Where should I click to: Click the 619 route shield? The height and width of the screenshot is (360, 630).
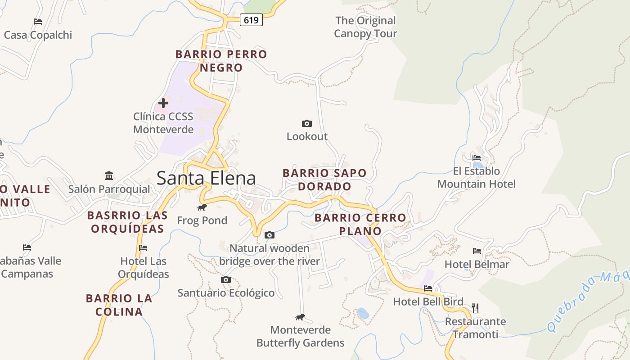tap(251, 20)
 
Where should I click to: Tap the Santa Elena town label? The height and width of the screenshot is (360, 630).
tap(206, 178)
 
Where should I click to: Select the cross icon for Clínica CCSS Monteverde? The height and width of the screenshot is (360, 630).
tap(163, 103)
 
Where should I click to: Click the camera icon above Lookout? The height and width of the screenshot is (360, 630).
tap(306, 123)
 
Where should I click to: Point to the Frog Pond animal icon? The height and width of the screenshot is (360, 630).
tap(202, 207)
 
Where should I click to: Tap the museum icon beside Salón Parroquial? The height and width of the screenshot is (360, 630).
tap(109, 175)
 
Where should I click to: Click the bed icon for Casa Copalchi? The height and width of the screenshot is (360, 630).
tap(38, 21)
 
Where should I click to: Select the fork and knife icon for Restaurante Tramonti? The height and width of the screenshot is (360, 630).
tap(475, 308)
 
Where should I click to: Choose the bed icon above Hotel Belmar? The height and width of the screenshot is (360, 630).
tap(477, 251)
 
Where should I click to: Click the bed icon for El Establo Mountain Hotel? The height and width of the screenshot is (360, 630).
tap(477, 157)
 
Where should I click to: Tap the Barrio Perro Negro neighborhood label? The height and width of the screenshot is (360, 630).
tap(221, 61)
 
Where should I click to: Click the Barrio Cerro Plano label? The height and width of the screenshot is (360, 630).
tap(360, 224)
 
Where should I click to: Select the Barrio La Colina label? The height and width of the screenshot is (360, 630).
tap(119, 305)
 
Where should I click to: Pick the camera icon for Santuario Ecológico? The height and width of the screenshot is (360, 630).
tap(226, 279)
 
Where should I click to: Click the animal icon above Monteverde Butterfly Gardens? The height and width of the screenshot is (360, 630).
tap(300, 317)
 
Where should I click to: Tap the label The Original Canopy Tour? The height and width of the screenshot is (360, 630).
tap(365, 27)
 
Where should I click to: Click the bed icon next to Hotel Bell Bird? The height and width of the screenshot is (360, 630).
tap(427, 288)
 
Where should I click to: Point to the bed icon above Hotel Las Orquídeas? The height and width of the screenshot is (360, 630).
tap(143, 247)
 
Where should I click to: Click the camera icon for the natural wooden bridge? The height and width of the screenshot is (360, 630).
tap(270, 235)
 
